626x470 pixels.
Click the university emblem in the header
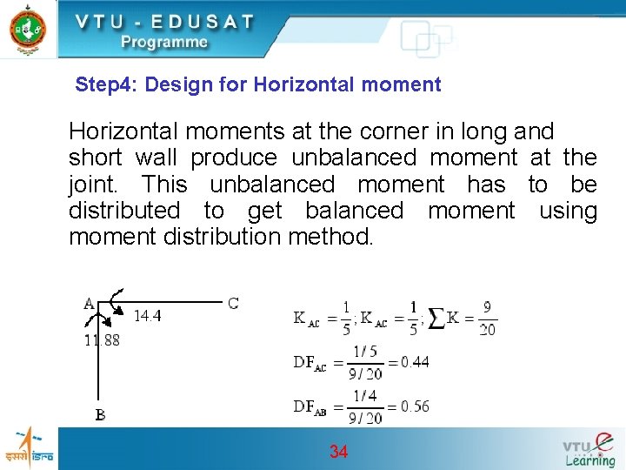tap(28, 28)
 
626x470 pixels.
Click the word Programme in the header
tap(164, 42)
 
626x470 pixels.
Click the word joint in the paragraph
tap(97, 184)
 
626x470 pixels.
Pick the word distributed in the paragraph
tap(124, 210)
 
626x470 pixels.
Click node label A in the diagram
tap(90, 304)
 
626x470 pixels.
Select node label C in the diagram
tap(233, 303)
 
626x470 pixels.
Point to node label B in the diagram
tap(101, 415)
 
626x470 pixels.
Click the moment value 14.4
tap(147, 316)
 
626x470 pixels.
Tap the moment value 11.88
tap(102, 340)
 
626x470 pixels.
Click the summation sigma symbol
tap(436, 319)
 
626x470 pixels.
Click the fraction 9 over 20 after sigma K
tap(487, 319)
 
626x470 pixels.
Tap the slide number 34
tap(338, 452)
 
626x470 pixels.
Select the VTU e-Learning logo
tap(589, 448)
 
